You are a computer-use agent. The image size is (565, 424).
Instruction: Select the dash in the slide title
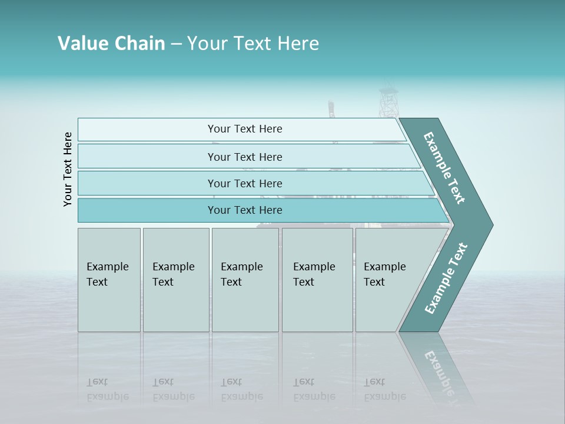176,44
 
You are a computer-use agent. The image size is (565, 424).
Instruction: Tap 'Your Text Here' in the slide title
253,44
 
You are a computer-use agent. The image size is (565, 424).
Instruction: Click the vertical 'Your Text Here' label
68,170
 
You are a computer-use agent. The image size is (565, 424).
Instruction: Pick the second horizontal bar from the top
245,157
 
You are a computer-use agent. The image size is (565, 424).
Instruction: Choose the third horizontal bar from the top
245,183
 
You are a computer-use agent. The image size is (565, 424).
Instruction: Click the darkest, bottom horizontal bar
245,210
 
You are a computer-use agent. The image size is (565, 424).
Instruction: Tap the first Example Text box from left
109,279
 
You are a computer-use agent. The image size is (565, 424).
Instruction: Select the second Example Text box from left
175,279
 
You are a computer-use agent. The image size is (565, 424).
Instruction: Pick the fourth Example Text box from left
317,279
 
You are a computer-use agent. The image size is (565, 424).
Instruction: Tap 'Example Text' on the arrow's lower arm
446,279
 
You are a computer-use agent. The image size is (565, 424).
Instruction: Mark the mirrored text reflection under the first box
108,389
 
